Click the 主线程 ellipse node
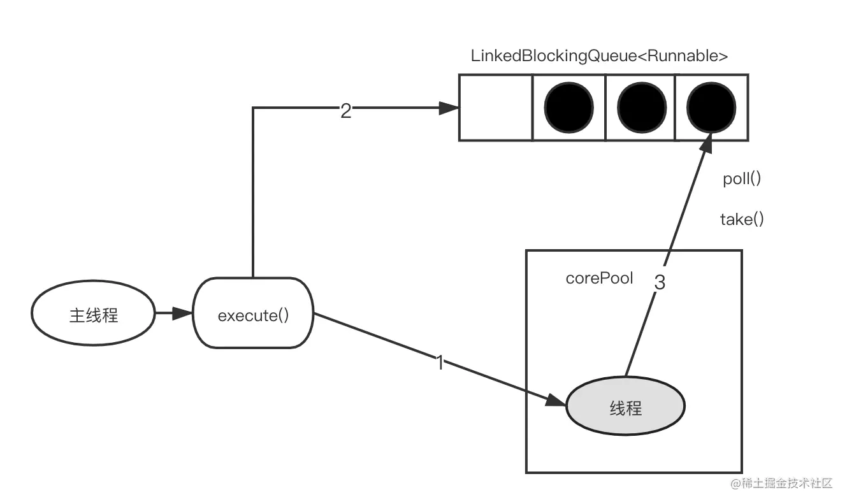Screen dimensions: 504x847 click(x=93, y=315)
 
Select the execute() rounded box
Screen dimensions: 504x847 click(x=254, y=315)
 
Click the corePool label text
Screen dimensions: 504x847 click(x=599, y=278)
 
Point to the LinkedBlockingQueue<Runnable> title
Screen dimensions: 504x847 click(x=599, y=56)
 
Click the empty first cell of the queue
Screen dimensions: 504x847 click(x=496, y=107)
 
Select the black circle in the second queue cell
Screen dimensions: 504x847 click(x=569, y=106)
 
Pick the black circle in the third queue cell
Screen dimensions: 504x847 click(x=641, y=106)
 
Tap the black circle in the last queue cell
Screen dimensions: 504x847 click(x=712, y=106)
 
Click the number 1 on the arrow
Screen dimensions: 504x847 click(x=439, y=363)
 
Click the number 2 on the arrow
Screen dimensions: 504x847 click(x=345, y=112)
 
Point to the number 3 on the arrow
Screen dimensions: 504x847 click(x=660, y=282)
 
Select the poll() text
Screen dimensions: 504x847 click(x=742, y=179)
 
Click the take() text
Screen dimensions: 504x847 click(x=742, y=220)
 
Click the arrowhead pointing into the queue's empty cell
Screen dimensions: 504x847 click(x=450, y=108)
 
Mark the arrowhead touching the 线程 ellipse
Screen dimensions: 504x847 click(x=557, y=400)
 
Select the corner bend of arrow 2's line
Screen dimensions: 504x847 click(x=254, y=108)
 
